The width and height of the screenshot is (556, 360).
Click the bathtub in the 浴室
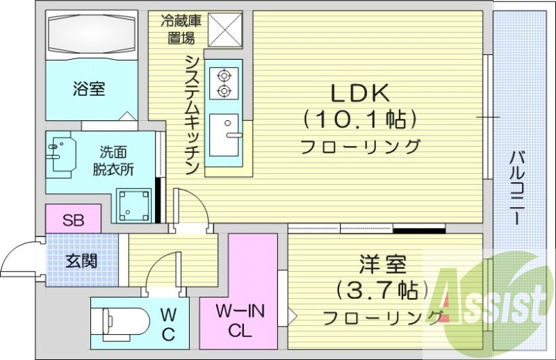click(88, 34)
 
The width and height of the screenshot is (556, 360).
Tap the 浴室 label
click(88, 89)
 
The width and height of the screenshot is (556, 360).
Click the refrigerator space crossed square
click(224, 29)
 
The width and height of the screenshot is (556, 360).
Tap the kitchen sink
click(224, 135)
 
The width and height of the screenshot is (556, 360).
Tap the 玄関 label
click(81, 261)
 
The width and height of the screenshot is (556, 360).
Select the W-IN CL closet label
click(238, 320)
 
